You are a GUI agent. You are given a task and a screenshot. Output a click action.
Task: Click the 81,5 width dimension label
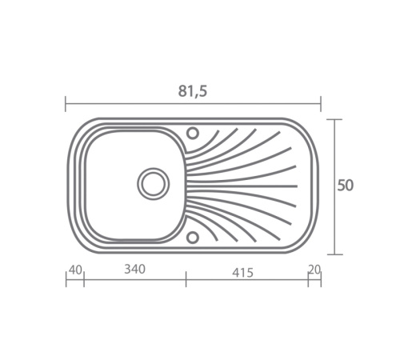pyautogui.click(x=192, y=91)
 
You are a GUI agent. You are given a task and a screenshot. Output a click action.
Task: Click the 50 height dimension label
pyautogui.click(x=346, y=186)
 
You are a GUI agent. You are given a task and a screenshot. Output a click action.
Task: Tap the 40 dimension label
pyautogui.click(x=75, y=270)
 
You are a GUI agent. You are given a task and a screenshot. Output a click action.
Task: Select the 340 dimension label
pyautogui.click(x=134, y=269)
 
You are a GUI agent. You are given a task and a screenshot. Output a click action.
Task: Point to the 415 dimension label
pyautogui.click(x=242, y=273)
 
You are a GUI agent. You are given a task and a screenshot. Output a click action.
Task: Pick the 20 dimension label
pyautogui.click(x=314, y=270)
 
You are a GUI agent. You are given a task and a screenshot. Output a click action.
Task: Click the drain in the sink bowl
pyautogui.click(x=153, y=184)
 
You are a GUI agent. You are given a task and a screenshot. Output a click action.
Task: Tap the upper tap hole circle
pyautogui.click(x=193, y=133)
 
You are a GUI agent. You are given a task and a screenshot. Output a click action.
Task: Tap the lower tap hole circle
pyautogui.click(x=193, y=237)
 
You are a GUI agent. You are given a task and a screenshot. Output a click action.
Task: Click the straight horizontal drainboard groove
pyautogui.click(x=242, y=186)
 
